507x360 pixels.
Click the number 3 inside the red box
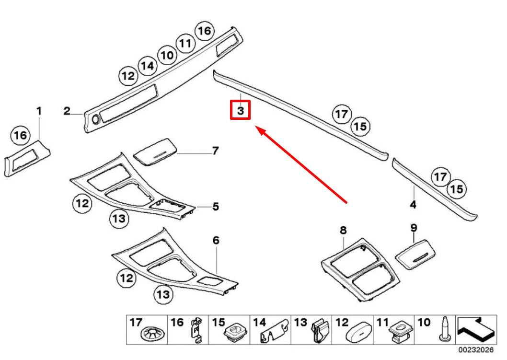pos(241,111)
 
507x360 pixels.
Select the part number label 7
pos(216,151)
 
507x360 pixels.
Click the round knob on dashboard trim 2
pos(94,119)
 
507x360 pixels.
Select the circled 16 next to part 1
pos(21,136)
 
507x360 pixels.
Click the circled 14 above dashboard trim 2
pos(148,66)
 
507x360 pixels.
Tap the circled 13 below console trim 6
pos(163,294)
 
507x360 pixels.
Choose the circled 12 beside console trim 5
pos(82,204)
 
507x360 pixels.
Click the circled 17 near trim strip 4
pos(440,177)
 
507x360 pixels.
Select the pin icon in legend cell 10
pos(445,330)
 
